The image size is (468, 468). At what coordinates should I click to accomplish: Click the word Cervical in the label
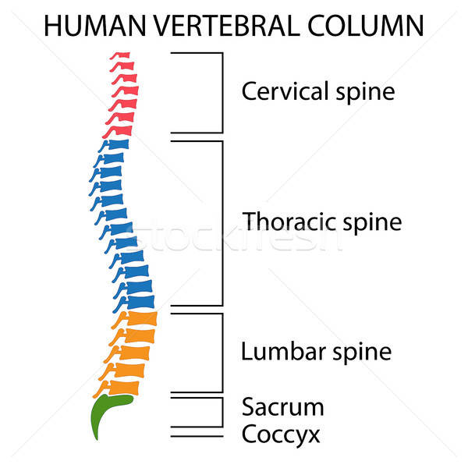coord(282,91)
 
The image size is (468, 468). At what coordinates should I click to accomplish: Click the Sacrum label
coord(282,406)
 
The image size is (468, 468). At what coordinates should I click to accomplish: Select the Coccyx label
coord(281,434)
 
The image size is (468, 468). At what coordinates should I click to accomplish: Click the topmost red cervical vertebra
coord(122,56)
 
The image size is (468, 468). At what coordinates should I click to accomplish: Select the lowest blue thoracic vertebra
coord(140,301)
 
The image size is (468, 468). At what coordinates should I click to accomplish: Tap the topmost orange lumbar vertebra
coord(140,318)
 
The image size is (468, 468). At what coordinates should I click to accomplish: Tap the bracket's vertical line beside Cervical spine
coord(223,92)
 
